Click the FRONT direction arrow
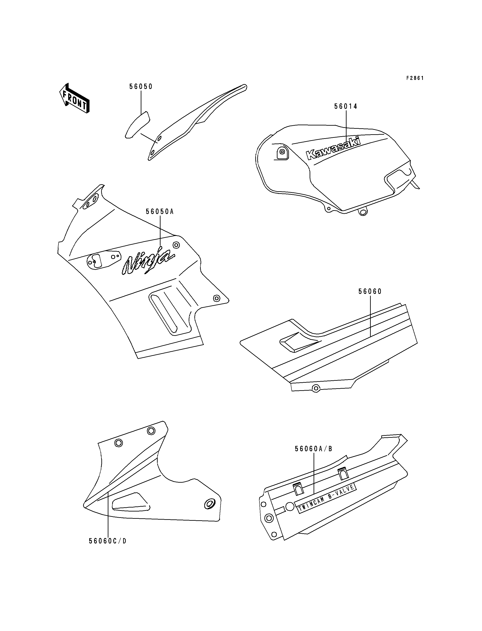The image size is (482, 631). (x=74, y=98)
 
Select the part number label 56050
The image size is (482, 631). (x=141, y=87)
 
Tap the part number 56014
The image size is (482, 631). (x=346, y=107)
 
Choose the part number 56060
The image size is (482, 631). (x=370, y=292)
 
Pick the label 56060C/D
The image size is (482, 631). (x=108, y=541)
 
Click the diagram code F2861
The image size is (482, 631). (x=415, y=78)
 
